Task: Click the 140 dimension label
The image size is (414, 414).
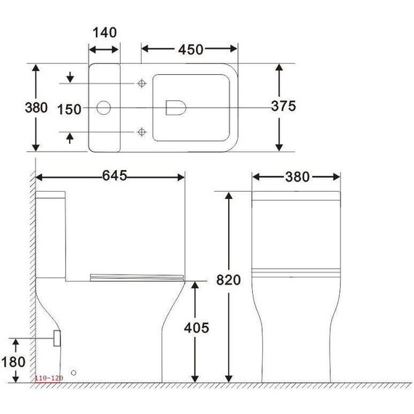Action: point(105,33)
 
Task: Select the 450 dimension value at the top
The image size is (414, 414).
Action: point(190,49)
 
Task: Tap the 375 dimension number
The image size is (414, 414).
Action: point(283,107)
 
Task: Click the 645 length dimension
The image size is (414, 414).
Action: point(114,176)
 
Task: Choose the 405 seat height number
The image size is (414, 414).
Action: point(196,328)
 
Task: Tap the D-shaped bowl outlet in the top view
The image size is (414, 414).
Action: point(175,108)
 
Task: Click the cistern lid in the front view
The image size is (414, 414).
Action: point(296,196)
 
